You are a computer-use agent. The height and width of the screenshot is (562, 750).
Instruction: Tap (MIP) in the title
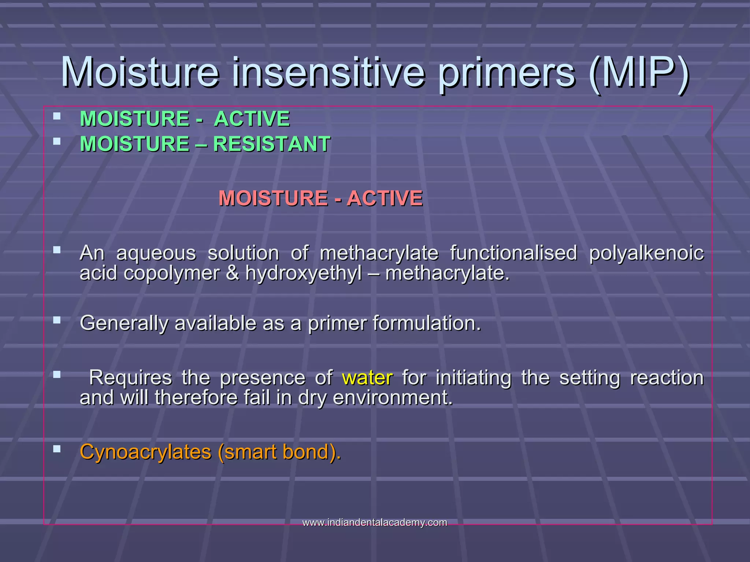click(639, 73)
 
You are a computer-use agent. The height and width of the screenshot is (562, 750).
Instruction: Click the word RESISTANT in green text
click(272, 144)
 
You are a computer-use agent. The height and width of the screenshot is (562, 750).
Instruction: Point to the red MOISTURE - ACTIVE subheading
click(320, 198)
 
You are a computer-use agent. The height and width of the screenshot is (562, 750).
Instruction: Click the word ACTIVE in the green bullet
click(252, 119)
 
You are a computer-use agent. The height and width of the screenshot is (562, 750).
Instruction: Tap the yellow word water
click(367, 378)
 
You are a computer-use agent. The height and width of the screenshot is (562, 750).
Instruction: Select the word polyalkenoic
click(646, 253)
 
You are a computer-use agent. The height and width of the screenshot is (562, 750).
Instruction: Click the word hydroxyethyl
click(303, 273)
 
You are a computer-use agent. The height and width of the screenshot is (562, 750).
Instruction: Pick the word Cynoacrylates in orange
click(146, 452)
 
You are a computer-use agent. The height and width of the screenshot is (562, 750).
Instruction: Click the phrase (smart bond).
click(279, 452)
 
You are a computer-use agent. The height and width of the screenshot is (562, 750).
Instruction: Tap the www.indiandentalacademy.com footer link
click(375, 522)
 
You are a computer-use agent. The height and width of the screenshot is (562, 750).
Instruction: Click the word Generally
click(124, 323)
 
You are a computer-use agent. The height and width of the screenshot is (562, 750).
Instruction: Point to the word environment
click(393, 398)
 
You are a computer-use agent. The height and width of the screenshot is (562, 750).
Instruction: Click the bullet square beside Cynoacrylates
click(57, 449)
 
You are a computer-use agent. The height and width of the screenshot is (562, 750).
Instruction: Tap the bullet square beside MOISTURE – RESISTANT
click(57, 141)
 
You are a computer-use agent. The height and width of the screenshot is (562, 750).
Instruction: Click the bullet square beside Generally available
click(57, 320)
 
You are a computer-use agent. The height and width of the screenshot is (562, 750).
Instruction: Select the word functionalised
click(513, 253)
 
